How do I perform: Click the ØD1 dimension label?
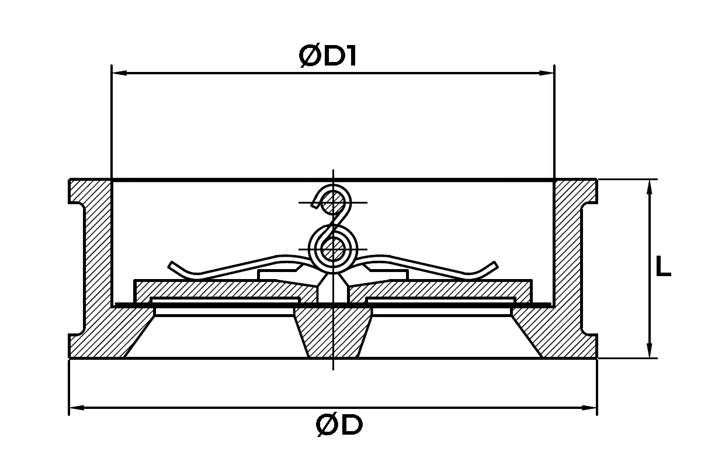(328, 56)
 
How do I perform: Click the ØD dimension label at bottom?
(339, 425)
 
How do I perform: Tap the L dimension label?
(663, 266)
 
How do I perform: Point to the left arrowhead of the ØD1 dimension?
(119, 73)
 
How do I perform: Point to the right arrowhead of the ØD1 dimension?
(546, 73)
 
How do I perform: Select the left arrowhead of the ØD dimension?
(77, 408)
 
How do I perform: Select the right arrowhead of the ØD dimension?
(589, 408)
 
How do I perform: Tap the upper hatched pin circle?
(332, 203)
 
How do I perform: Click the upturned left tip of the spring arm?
(172, 265)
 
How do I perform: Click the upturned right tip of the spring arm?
(494, 265)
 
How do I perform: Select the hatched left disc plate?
(225, 290)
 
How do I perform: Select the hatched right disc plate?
(440, 290)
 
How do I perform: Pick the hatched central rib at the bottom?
(333, 332)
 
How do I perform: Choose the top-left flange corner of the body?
(70, 180)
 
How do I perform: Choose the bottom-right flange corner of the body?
(597, 357)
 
